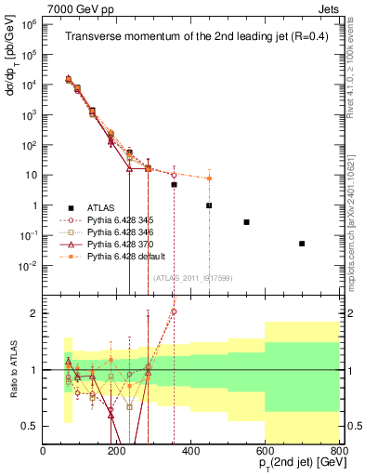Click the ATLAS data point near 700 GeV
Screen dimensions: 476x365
coord(302,244)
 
